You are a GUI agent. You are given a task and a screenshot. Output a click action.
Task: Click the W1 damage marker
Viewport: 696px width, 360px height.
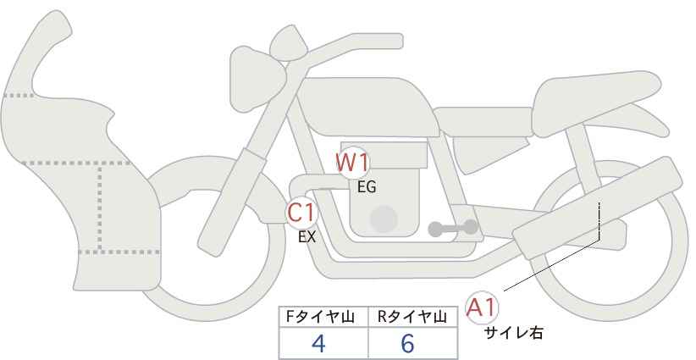tap(352, 163)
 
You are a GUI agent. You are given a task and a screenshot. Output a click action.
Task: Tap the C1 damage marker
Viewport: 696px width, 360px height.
tap(301, 213)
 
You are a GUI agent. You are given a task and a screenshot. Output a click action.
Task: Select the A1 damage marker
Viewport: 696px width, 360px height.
tap(482, 307)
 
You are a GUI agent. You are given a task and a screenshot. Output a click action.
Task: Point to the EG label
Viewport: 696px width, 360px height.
tap(367, 187)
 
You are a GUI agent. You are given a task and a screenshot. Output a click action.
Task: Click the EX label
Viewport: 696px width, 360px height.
tap(307, 237)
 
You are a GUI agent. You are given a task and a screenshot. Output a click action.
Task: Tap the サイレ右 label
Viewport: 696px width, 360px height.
tap(513, 332)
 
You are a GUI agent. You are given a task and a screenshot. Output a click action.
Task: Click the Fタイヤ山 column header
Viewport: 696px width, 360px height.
tap(320, 317)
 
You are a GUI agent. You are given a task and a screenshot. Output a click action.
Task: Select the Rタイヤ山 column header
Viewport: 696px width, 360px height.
tap(412, 317)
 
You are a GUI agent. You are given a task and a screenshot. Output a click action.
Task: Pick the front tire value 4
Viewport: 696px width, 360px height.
tap(318, 343)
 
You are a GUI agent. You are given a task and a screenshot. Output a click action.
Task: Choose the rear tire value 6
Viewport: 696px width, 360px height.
tap(407, 343)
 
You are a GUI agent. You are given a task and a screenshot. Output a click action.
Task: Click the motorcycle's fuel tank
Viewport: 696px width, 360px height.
tap(368, 107)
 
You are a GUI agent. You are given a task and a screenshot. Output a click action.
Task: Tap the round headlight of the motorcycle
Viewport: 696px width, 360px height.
tap(257, 79)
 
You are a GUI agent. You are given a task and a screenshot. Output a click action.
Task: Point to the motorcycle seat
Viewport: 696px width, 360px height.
tap(594, 104)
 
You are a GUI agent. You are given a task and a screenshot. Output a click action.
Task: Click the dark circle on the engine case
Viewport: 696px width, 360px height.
tap(384, 219)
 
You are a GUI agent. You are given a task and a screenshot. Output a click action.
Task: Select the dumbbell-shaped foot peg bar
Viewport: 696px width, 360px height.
tap(453, 228)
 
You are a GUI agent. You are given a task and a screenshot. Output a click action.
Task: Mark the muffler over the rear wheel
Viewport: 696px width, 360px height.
tap(597, 208)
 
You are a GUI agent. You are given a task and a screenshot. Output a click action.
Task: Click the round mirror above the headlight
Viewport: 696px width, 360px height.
tap(289, 43)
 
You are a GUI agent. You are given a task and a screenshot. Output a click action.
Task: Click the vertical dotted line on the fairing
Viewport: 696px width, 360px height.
tap(100, 208)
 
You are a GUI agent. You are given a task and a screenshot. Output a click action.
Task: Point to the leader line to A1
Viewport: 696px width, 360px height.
tap(552, 265)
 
